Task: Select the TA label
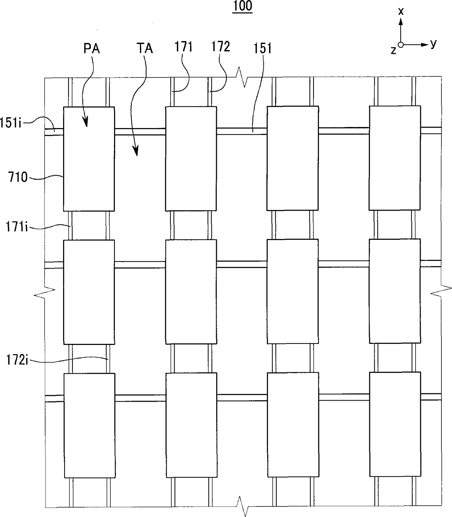tap(144, 48)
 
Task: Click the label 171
tap(183, 47)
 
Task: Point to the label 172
tap(221, 47)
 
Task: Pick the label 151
tap(263, 48)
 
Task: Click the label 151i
tap(11, 123)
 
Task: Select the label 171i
tap(17, 227)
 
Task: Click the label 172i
tap(17, 361)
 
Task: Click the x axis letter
tap(401, 11)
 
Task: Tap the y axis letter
tap(433, 43)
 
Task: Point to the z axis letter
tap(393, 50)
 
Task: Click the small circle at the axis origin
tap(401, 45)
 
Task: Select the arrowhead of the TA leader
tap(136, 152)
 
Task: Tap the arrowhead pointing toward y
tap(424, 45)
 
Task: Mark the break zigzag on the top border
tap(242, 77)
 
